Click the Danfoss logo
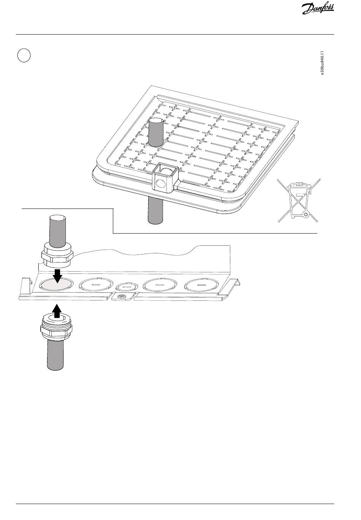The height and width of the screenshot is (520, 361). point(318,9)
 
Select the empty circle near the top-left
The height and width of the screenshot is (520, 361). point(24,55)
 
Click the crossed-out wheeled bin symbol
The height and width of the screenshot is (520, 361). point(299,200)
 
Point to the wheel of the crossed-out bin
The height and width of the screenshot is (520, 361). point(306,215)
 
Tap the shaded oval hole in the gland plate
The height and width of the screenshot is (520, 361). point(57,284)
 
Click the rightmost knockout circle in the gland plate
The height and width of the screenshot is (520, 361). point(201,284)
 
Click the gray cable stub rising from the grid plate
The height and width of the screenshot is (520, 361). point(156,132)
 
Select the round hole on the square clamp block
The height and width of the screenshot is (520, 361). point(160,183)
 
